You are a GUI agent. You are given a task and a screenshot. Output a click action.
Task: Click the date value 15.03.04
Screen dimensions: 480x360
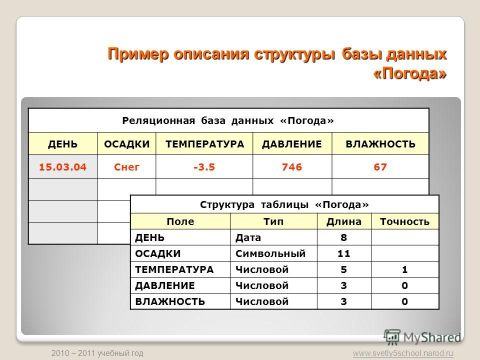coord(63,167)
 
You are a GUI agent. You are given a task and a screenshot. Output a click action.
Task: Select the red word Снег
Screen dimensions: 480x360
coord(126,167)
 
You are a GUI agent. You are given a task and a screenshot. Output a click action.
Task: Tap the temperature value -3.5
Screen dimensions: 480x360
coord(204,167)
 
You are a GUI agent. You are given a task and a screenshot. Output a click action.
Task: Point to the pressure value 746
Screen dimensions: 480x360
coord(292,167)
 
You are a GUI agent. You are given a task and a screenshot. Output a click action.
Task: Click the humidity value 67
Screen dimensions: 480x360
coord(380,167)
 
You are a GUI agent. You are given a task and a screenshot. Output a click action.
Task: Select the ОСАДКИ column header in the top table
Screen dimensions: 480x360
coord(126,144)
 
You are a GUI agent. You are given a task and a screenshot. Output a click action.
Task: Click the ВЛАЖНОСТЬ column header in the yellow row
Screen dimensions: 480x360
coord(380,144)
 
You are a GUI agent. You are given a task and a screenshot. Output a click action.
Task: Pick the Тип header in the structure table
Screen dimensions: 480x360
coord(273,221)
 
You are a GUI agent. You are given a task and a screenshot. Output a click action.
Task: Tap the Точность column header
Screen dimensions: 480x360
coord(404,221)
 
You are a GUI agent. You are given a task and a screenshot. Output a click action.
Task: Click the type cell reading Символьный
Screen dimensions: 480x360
coord(270,253)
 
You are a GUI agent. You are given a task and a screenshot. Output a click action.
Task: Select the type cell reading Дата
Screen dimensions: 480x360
coord(248,237)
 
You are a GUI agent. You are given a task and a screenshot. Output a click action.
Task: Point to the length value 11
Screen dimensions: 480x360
coord(344,253)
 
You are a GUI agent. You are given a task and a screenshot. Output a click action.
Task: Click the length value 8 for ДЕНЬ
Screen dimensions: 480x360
coord(344,237)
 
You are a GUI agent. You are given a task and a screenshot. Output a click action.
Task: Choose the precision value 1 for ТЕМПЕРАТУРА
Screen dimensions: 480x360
coord(404,269)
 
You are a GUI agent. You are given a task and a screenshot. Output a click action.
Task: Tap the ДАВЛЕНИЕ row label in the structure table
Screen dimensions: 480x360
coord(165,285)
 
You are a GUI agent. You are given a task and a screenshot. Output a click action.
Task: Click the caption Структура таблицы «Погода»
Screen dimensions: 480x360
coord(284,204)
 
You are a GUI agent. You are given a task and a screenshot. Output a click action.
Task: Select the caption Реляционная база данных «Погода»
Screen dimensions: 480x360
coord(228,120)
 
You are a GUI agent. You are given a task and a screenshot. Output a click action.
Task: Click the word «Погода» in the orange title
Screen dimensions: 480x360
coord(410,73)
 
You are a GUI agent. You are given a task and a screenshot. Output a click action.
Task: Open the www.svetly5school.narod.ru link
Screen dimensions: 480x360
coord(403,353)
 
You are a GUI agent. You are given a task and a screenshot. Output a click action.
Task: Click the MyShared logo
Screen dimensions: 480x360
coord(422,337)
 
